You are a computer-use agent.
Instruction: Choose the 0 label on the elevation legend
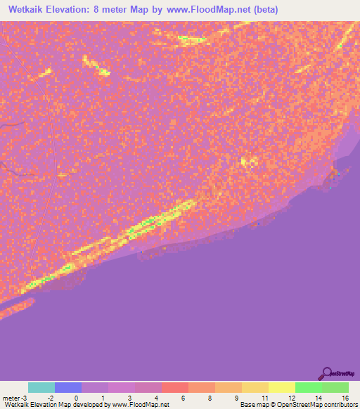(76, 398)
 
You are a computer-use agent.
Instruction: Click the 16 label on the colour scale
(345, 398)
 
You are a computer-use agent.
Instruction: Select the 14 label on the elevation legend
(318, 398)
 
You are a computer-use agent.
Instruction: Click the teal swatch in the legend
(41, 387)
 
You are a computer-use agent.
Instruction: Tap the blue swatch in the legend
(68, 387)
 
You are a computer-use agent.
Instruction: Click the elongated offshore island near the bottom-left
(16, 308)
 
